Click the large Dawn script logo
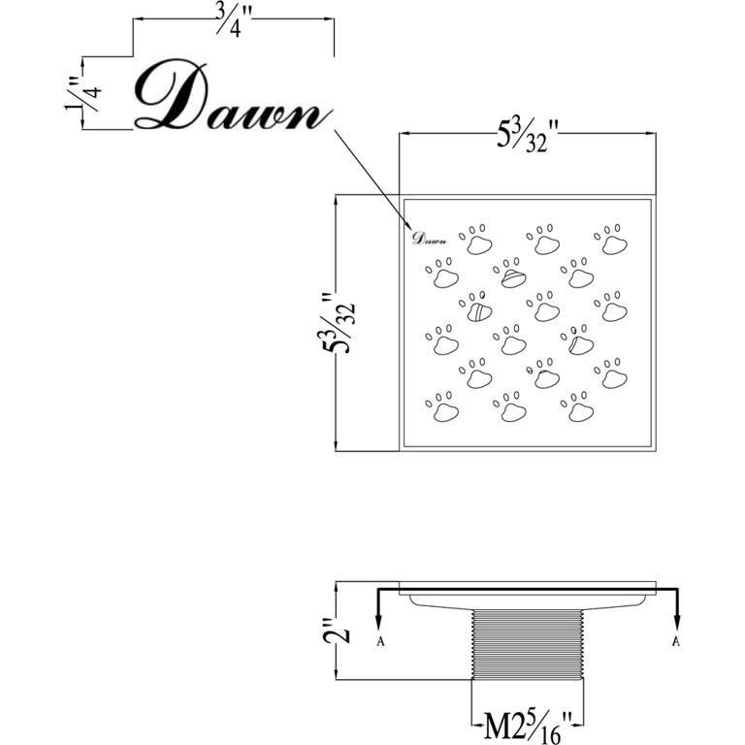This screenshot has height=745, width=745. pos(229,99)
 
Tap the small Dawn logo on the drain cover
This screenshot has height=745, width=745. pos(429,237)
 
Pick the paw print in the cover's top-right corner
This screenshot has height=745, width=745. pos(611,241)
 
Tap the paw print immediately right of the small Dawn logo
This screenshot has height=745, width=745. pos(475,241)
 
